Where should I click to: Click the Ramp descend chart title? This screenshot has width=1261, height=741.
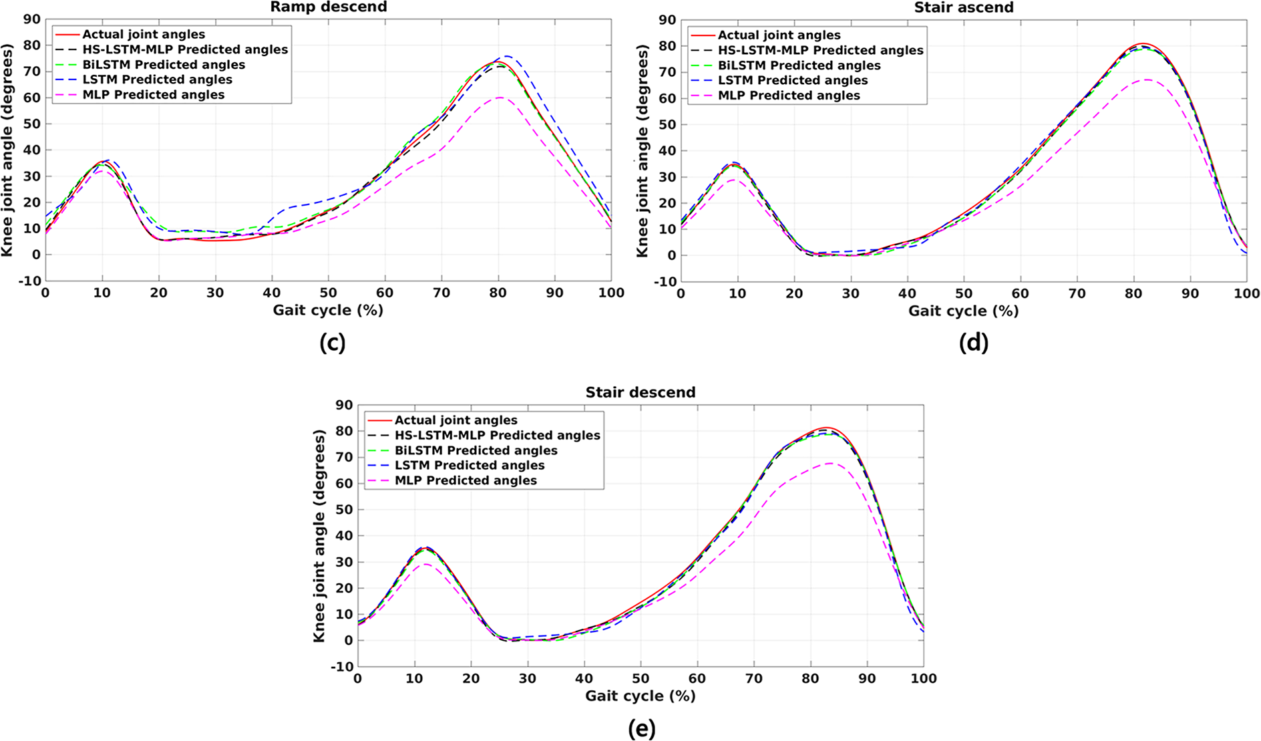tap(328, 7)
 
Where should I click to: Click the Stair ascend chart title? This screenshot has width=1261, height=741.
tap(964, 7)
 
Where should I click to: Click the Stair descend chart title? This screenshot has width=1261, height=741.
tap(641, 392)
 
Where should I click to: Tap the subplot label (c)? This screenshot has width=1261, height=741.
tap(332, 343)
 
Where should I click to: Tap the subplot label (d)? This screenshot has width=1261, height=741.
tap(973, 343)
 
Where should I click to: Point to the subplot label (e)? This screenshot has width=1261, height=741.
tap(642, 728)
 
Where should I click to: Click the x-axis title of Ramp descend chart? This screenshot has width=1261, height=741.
tap(328, 310)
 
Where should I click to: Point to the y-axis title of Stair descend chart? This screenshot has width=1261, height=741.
tap(319, 536)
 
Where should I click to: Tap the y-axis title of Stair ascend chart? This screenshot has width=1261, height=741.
tap(643, 151)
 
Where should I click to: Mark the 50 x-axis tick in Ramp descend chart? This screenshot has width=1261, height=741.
tap(328, 293)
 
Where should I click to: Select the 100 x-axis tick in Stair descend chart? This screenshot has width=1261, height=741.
tap(924, 678)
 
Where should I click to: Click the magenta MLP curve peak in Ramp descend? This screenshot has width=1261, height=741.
tap(500, 98)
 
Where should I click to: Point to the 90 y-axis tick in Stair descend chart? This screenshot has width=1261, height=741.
tap(344, 405)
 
